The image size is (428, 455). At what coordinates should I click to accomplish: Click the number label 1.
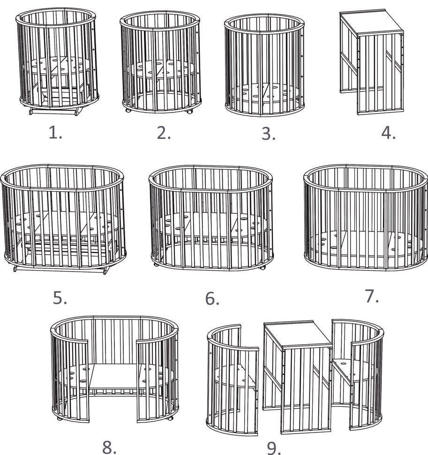point(55,133)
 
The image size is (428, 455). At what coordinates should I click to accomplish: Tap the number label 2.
point(164,133)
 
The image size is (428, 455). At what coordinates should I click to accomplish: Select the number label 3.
point(269,134)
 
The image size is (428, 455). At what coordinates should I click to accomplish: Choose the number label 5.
point(60,298)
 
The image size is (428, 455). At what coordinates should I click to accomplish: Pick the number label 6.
point(212,299)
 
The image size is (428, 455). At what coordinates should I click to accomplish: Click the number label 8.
point(109,447)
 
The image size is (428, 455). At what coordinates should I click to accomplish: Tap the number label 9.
point(274,448)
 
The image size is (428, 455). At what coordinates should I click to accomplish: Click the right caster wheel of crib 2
point(189,112)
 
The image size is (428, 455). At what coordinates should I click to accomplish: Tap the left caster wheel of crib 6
point(156,265)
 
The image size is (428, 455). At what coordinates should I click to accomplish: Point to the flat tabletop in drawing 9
point(298,334)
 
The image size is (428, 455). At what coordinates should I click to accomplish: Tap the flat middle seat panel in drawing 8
point(115,376)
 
